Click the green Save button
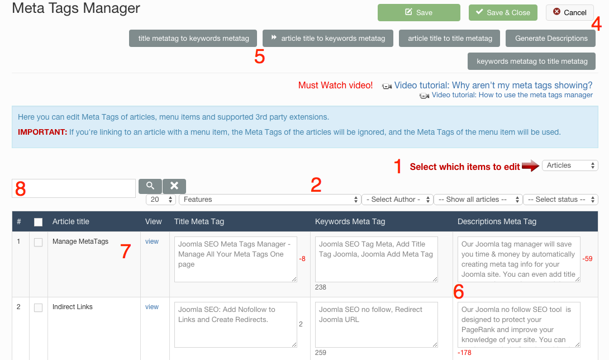click(x=418, y=12)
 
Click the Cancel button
click(x=569, y=12)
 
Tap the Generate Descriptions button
click(x=551, y=38)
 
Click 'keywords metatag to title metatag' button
click(x=531, y=61)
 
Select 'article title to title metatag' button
click(x=450, y=38)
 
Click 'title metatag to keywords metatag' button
click(x=193, y=38)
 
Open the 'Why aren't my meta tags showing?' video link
click(x=493, y=85)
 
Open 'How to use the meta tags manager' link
click(x=512, y=95)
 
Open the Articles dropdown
click(x=570, y=165)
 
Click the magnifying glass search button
click(x=150, y=186)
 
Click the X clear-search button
click(x=174, y=186)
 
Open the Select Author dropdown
click(x=397, y=200)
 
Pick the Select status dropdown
click(x=560, y=200)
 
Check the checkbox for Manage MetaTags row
click(x=38, y=242)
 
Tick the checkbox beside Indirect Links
click(x=38, y=307)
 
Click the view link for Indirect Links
click(x=152, y=307)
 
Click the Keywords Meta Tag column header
click(x=350, y=221)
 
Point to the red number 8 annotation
click(x=20, y=188)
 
